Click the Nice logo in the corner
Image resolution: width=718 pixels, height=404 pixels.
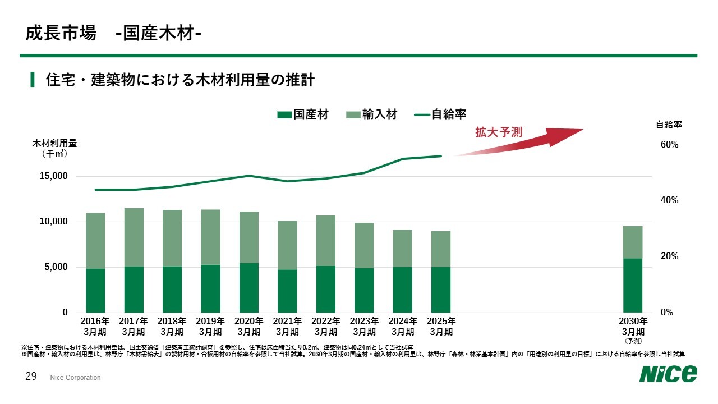(669, 373)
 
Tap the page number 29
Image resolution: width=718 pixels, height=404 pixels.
(31, 377)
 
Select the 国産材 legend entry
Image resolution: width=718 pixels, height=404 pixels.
(303, 114)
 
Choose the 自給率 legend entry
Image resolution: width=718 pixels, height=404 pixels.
(440, 114)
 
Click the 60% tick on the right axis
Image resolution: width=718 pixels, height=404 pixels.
(669, 145)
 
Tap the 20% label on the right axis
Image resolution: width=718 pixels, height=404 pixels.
(669, 256)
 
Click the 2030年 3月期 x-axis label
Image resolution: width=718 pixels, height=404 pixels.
(633, 327)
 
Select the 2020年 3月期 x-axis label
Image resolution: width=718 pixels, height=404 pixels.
(248, 327)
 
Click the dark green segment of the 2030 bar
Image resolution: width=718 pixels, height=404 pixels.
(633, 285)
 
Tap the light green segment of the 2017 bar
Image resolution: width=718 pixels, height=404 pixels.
(134, 237)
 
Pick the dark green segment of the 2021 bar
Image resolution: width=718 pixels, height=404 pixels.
(287, 291)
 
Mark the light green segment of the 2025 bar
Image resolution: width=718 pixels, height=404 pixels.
(441, 249)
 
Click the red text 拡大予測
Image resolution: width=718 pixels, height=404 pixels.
(499, 132)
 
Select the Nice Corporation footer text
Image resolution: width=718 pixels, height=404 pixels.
(75, 378)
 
